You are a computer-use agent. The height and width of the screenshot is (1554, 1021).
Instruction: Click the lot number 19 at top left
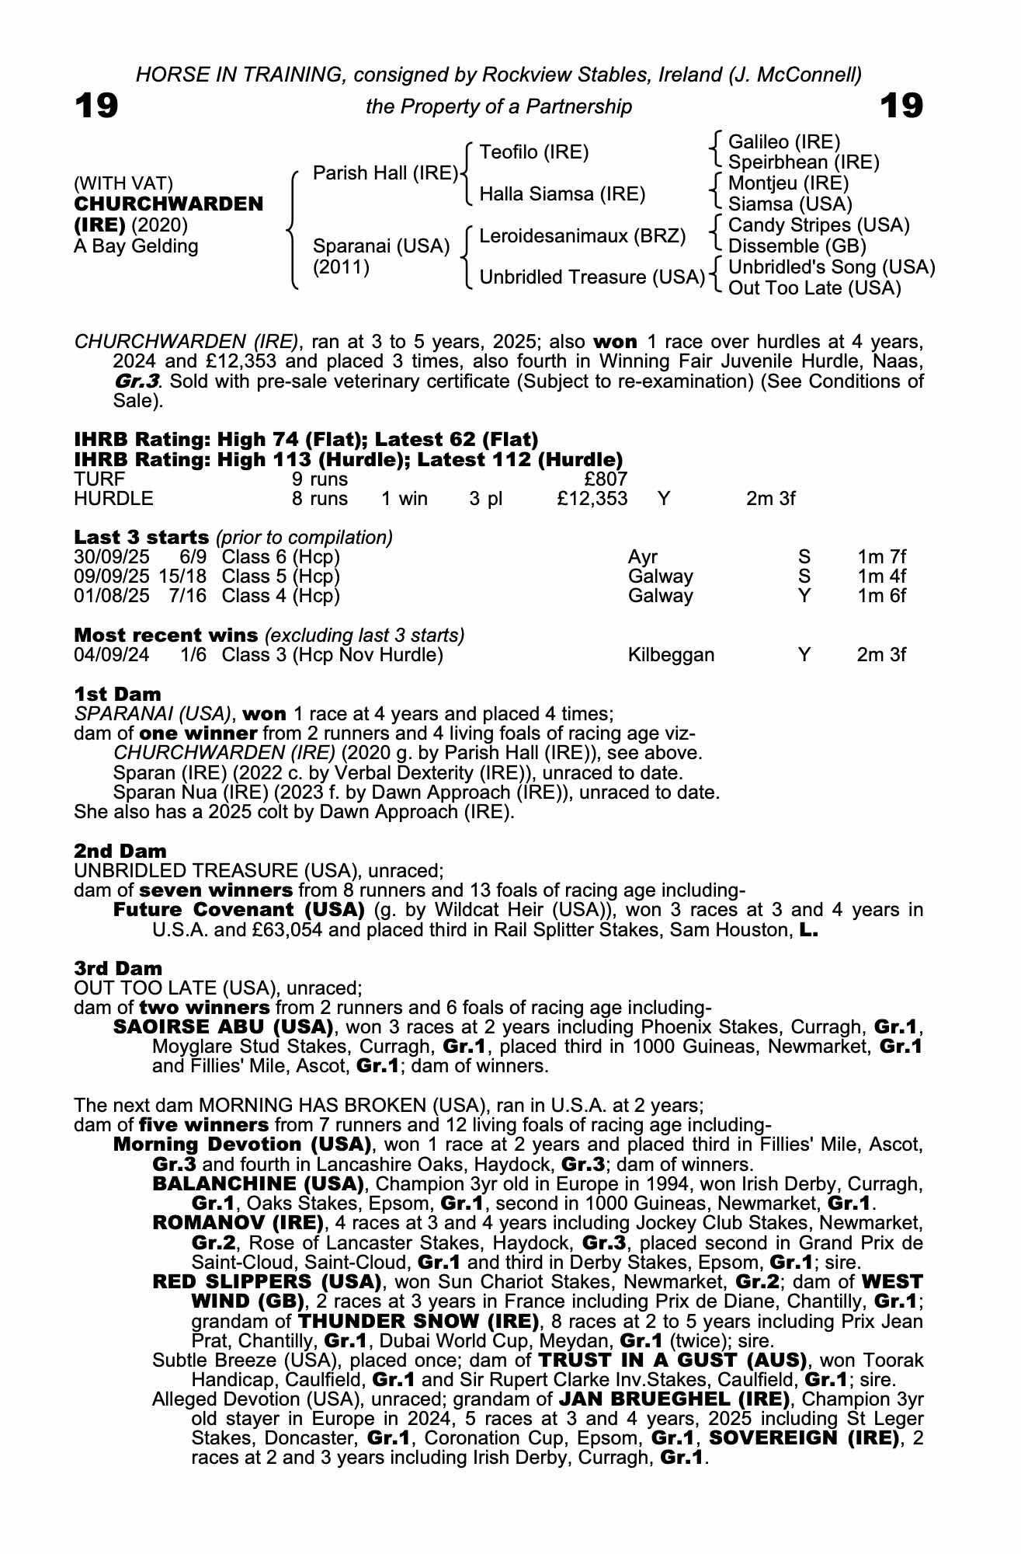96,106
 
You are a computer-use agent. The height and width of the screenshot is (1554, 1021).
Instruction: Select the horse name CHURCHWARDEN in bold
168,204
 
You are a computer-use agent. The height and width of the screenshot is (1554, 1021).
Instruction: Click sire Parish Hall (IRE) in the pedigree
385,173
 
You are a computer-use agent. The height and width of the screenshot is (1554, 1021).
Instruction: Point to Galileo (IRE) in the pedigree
784,142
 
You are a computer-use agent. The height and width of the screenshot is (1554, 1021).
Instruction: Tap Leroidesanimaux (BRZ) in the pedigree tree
582,236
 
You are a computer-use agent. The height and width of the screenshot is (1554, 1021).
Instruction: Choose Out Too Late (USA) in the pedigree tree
814,288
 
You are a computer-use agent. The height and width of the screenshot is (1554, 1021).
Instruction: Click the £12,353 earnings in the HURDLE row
592,499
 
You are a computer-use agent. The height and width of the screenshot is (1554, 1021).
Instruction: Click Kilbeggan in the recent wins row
671,655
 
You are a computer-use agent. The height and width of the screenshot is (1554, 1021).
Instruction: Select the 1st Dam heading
118,694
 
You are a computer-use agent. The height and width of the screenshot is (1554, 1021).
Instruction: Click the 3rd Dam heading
118,968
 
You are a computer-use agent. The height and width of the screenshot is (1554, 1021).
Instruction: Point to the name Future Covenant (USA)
239,910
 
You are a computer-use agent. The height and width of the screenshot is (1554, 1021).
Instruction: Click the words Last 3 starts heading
141,537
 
